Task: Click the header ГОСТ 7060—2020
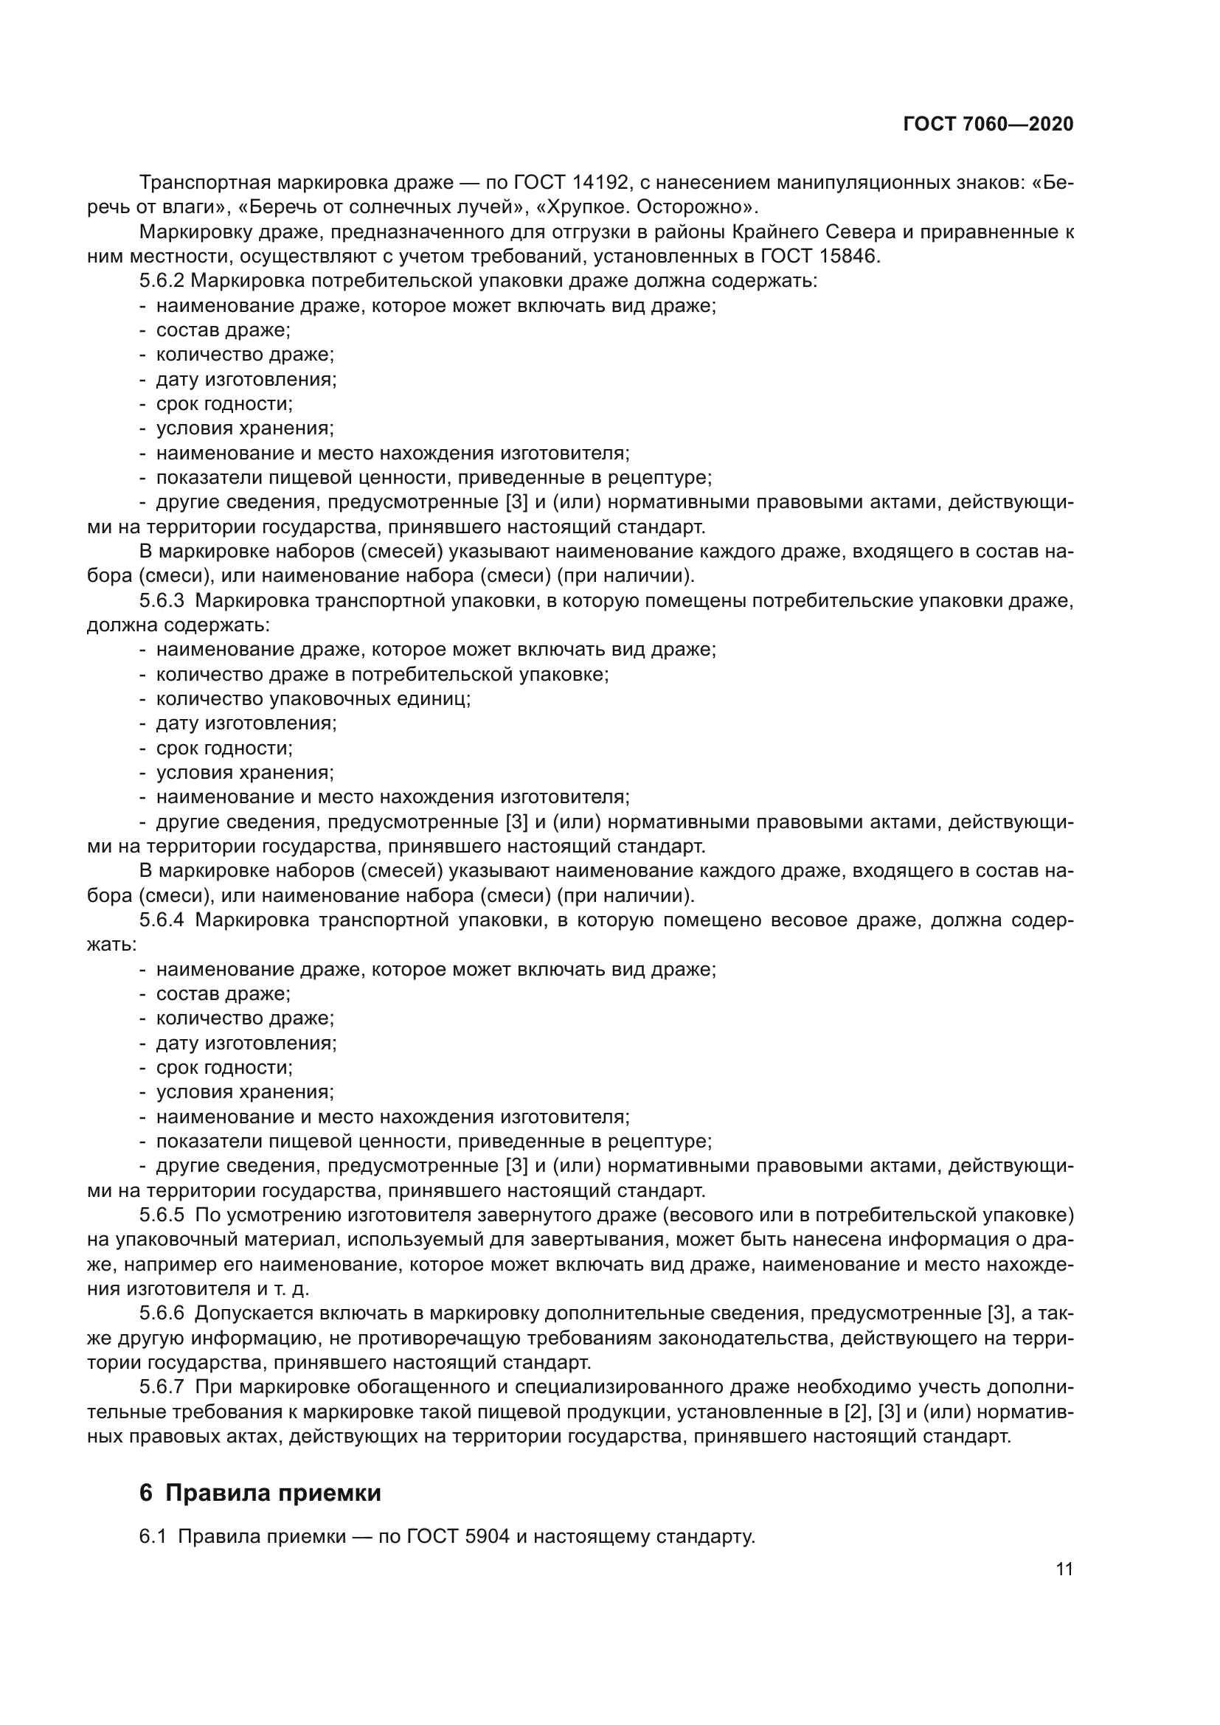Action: tap(988, 124)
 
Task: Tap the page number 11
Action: tap(1064, 1569)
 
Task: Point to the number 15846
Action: tap(848, 256)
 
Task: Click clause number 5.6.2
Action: tap(162, 281)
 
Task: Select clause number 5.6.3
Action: tap(162, 600)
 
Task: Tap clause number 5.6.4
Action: tap(162, 920)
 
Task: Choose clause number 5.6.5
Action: tap(162, 1215)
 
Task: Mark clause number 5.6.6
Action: tap(162, 1313)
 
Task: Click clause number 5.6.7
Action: tap(162, 1387)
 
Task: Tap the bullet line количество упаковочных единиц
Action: tap(313, 698)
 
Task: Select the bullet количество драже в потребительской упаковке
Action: tap(382, 674)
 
